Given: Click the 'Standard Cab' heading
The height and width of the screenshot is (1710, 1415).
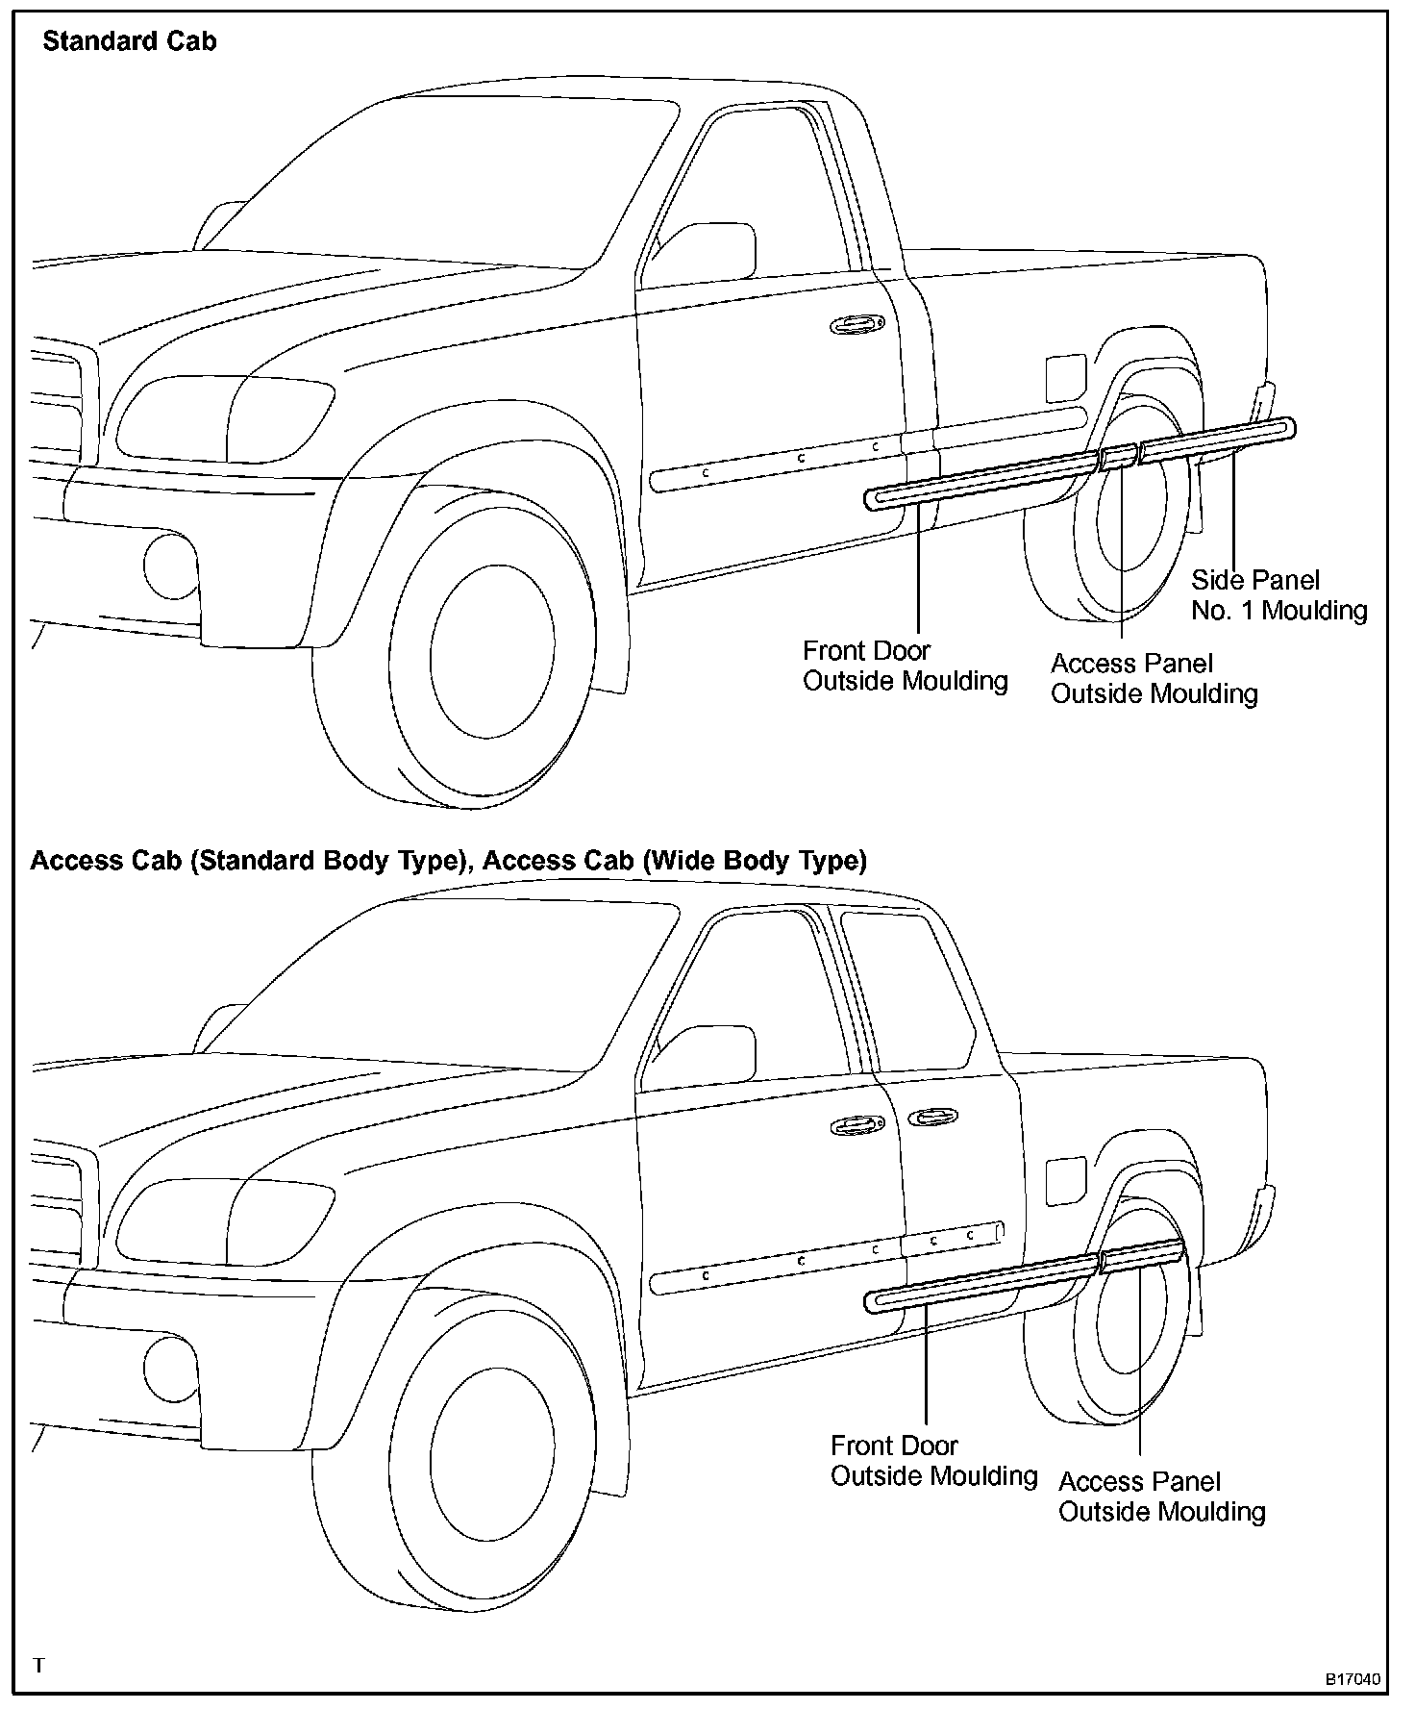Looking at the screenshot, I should [130, 41].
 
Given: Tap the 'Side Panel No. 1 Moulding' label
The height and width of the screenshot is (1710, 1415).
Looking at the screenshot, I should [1278, 594].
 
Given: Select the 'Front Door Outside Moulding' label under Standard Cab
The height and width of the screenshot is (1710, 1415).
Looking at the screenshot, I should [905, 666].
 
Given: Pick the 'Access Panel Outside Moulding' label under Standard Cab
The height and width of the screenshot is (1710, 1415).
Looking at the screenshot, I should [1154, 678].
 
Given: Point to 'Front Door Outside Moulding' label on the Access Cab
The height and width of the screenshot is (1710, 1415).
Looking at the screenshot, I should [933, 1460].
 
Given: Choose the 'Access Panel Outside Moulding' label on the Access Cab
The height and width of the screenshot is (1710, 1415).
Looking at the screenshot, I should [1161, 1496].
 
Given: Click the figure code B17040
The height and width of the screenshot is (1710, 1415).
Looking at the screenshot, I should [1353, 1680].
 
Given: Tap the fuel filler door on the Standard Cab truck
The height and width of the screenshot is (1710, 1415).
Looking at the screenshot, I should [1065, 377].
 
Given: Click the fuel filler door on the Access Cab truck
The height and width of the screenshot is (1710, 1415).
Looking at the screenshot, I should [1065, 1180].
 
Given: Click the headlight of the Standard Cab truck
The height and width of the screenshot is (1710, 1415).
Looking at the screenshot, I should [226, 418].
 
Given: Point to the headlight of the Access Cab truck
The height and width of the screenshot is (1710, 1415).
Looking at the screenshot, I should [226, 1221].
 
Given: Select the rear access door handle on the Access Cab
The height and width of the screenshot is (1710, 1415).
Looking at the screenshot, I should [929, 1117].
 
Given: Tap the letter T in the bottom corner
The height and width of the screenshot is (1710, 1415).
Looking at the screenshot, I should [38, 1665].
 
